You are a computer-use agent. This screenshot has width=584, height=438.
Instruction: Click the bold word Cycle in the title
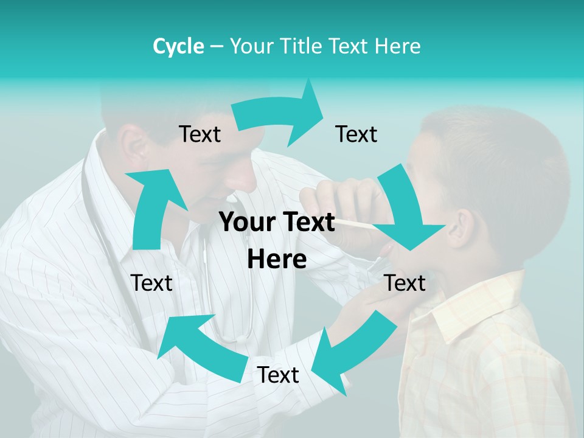click(178, 46)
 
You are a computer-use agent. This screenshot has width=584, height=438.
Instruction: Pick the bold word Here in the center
click(277, 260)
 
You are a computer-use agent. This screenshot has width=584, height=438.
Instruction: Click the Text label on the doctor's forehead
click(200, 134)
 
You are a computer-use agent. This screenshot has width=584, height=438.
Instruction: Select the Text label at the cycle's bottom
click(278, 375)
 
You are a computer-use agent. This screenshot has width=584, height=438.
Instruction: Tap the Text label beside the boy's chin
click(405, 283)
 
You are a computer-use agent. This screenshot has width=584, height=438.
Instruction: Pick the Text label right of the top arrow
click(356, 134)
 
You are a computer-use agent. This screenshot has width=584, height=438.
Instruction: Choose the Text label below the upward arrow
click(151, 283)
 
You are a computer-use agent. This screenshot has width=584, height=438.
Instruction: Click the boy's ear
click(462, 228)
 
